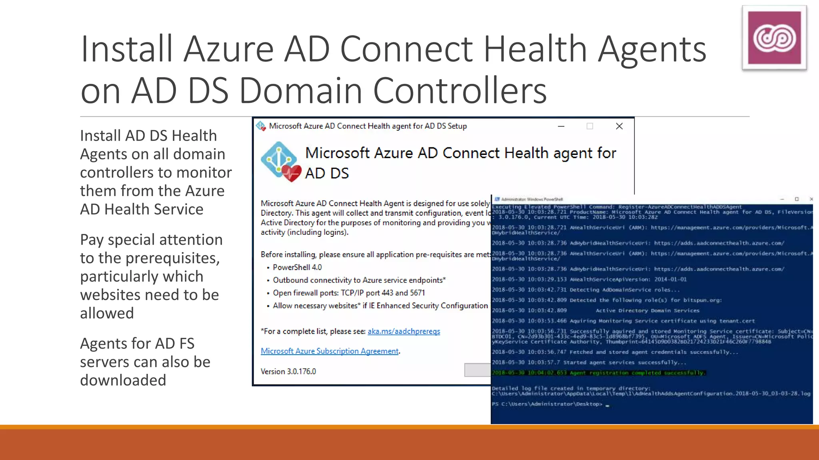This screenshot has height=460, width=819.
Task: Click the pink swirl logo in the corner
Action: click(774, 38)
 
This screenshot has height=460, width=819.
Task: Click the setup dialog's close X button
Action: click(619, 126)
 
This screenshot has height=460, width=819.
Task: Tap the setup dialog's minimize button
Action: click(561, 126)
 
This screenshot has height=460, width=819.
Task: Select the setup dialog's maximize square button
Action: click(589, 126)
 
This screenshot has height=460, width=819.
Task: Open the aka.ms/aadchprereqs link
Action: click(404, 331)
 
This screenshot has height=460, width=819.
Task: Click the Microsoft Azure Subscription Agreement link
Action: click(330, 351)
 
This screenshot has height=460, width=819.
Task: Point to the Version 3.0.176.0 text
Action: click(288, 371)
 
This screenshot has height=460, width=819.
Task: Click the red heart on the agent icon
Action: click(292, 173)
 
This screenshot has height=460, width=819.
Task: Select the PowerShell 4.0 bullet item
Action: click(297, 267)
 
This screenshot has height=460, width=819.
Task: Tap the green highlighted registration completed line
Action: click(598, 373)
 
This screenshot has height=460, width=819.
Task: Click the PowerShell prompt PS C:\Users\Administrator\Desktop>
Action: click(547, 404)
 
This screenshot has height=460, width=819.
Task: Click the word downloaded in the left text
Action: click(123, 380)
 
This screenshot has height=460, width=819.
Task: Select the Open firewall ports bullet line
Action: click(349, 293)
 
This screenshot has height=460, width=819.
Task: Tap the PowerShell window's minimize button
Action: click(782, 199)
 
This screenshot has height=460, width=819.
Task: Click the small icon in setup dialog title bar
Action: click(261, 126)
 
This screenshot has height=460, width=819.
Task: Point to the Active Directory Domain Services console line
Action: click(647, 310)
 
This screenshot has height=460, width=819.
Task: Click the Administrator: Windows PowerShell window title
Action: click(532, 199)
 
